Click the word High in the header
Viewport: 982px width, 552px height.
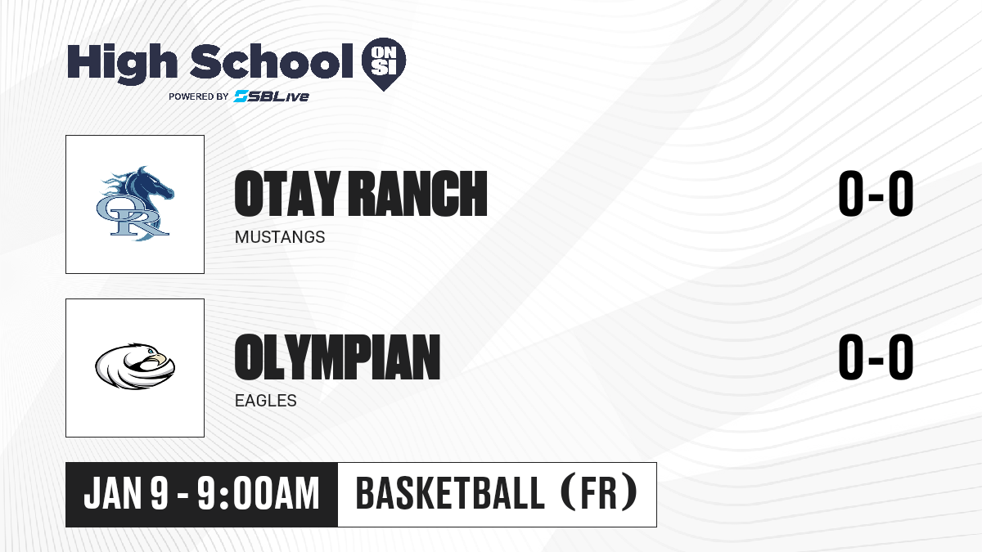point(122,63)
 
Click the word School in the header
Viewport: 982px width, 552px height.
point(272,61)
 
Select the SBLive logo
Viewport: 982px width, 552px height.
point(272,96)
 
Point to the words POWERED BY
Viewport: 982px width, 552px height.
point(199,96)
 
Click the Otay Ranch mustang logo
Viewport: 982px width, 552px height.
point(135,204)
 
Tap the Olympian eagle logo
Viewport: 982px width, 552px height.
point(135,366)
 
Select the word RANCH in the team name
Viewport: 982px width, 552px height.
point(418,194)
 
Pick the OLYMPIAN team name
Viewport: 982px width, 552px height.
point(337,357)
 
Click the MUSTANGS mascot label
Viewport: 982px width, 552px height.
point(280,237)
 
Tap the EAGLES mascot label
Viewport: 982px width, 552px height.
point(266,401)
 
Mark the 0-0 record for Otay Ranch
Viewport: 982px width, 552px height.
point(876,194)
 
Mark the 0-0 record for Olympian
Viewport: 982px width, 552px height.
point(876,357)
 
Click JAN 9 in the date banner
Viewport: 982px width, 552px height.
point(126,494)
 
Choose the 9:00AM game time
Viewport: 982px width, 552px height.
point(259,494)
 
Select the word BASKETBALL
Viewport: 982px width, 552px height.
point(450,493)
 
